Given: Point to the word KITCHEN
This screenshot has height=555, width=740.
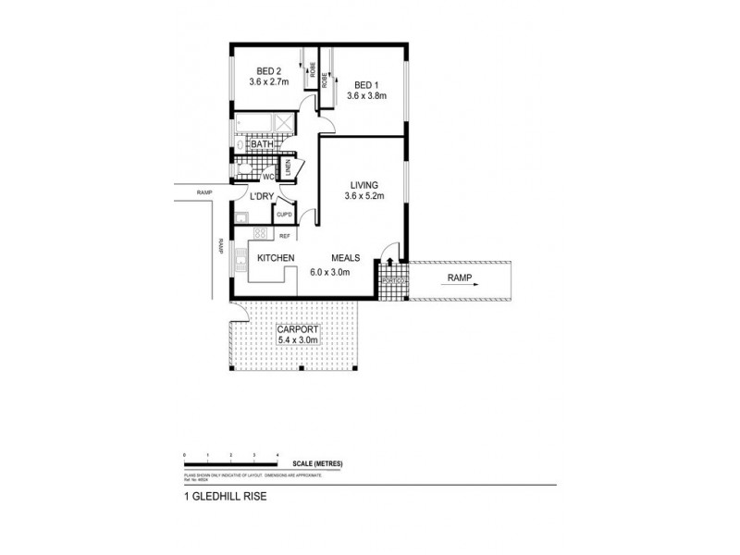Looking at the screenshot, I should tap(276, 258).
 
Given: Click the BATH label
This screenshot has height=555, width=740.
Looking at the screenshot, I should tap(262, 144).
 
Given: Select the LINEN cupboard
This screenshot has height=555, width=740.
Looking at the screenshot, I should tap(289, 167).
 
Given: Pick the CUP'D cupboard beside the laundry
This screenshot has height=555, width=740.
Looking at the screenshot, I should tap(285, 216).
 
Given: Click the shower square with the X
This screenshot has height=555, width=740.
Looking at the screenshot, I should tap(285, 124).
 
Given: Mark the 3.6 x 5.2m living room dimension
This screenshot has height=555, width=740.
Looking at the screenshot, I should tap(364, 195).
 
